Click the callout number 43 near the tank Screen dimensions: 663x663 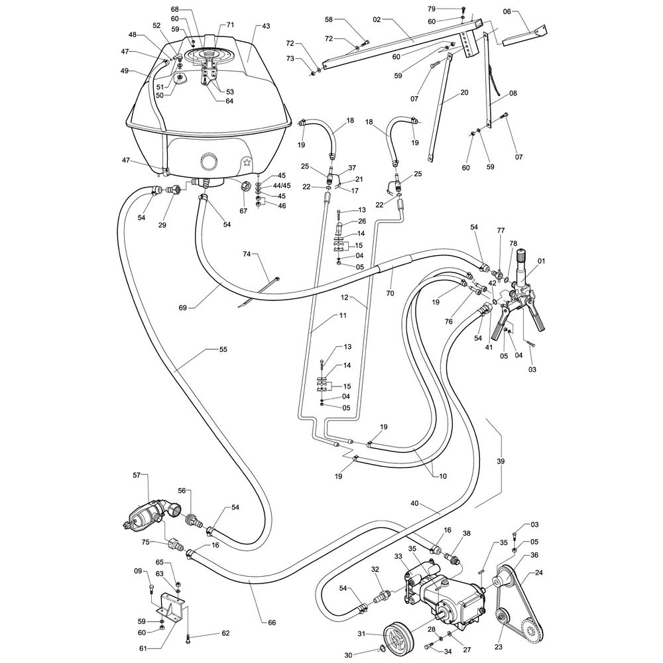[266, 27]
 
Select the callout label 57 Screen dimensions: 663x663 [137, 475]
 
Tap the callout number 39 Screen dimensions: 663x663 [501, 460]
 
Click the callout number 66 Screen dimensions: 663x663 [272, 622]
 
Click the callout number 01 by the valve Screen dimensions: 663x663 [542, 261]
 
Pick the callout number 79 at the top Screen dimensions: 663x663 [450, 9]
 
